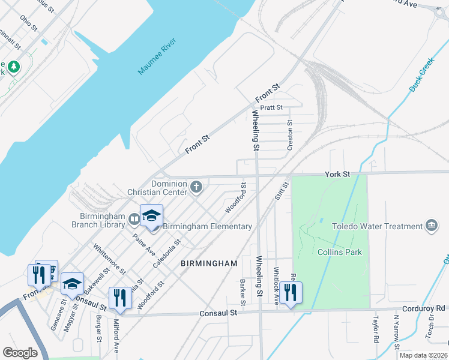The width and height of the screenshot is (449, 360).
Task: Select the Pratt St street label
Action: [271, 107]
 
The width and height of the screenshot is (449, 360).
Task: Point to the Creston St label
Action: [289, 134]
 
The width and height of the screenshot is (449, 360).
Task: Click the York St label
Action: [337, 174]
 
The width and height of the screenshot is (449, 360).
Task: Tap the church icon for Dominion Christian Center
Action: [196, 188]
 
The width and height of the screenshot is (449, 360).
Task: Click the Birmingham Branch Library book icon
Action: [134, 221]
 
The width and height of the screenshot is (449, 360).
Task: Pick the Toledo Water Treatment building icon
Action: [431, 226]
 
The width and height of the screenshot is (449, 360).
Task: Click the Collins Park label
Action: [340, 252]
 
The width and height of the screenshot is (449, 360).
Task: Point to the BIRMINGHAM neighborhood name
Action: [209, 263]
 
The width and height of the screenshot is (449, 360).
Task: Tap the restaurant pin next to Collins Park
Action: [290, 293]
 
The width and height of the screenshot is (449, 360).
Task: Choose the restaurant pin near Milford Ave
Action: [120, 298]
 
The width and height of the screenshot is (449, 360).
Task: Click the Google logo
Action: [20, 353]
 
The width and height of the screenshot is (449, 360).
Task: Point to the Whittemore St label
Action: [108, 258]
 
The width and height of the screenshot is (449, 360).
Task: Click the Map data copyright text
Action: [423, 355]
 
